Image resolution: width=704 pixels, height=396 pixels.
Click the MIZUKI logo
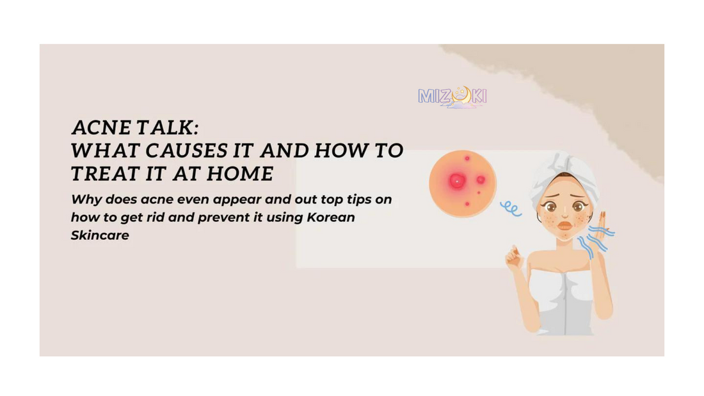pyautogui.click(x=452, y=97)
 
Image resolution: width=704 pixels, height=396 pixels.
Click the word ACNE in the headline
pyautogui.click(x=101, y=127)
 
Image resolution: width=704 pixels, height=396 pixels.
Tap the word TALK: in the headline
pyautogui.click(x=167, y=127)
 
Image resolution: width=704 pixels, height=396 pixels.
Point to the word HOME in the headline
pyautogui.click(x=240, y=174)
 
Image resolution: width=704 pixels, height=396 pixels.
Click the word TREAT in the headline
pyautogui.click(x=105, y=174)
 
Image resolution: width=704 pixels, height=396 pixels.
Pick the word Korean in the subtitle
pyautogui.click(x=331, y=218)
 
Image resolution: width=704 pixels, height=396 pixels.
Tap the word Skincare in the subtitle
pyautogui.click(x=100, y=235)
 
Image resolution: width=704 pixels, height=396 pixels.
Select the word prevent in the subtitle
pyautogui.click(x=223, y=218)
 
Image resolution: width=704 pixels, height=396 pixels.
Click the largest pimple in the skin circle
pyautogui.click(x=457, y=182)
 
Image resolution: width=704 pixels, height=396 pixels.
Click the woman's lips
pyautogui.click(x=565, y=225)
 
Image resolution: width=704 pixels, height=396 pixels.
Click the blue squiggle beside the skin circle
pyautogui.click(x=511, y=209)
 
